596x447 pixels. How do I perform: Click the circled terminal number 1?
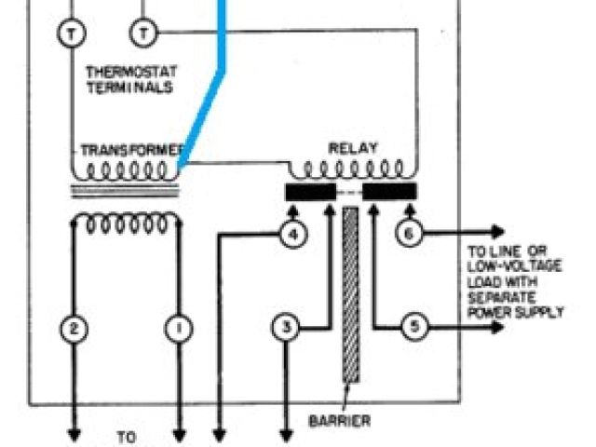coord(178,328)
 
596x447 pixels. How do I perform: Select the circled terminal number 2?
coord(74,328)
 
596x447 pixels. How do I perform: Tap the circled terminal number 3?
coord(288,328)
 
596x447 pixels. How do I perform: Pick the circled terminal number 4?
coord(293,235)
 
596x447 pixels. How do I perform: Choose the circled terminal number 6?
coord(408,234)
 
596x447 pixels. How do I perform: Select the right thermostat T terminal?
coord(144,33)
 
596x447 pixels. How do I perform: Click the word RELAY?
coord(350,148)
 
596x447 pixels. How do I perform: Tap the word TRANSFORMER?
coord(129,150)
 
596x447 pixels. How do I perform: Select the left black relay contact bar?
coord(310,192)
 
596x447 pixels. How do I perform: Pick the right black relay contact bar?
coord(389,192)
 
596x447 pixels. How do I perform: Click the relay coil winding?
coord(350,170)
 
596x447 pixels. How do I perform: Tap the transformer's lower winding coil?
coord(127,223)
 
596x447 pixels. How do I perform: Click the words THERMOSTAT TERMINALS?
coord(130,78)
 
